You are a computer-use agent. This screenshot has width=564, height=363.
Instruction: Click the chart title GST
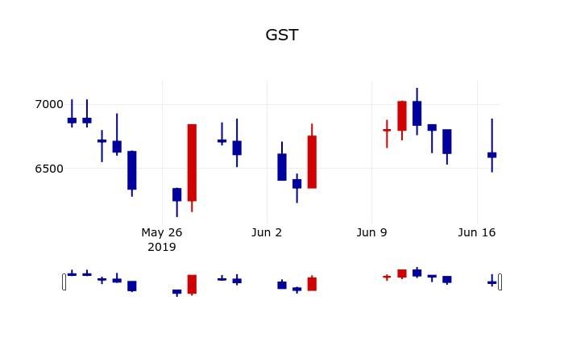(282, 35)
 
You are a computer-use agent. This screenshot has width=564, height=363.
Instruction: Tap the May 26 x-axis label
(162, 232)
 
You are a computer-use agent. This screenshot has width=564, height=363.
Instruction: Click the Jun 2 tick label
(267, 232)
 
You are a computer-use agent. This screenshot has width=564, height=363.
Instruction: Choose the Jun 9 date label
(371, 232)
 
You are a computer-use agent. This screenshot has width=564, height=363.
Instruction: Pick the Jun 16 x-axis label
(476, 232)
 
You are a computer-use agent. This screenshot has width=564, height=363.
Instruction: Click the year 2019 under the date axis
(162, 247)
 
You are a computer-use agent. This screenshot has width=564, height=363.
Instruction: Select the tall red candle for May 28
(192, 162)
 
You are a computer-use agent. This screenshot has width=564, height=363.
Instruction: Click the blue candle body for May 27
(176, 194)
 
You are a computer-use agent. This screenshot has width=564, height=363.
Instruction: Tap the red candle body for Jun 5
(312, 161)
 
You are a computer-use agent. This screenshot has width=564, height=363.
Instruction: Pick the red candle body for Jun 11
(401, 115)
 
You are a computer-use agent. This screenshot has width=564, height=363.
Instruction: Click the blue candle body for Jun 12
(417, 113)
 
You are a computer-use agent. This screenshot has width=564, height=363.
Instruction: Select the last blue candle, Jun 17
(491, 154)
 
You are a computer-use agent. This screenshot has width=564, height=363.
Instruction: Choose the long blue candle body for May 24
(132, 170)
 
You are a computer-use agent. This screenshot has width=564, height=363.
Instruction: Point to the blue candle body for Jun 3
(282, 167)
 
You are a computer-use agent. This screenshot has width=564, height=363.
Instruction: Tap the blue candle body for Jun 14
(446, 141)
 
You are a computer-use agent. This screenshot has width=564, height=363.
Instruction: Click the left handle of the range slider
(64, 282)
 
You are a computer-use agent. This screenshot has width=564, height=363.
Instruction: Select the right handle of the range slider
(500, 282)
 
